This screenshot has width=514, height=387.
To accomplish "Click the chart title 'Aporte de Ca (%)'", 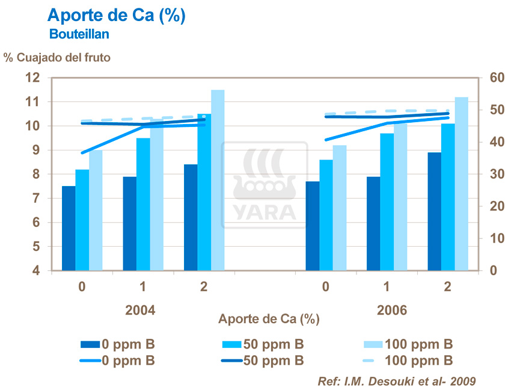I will click(x=116, y=16).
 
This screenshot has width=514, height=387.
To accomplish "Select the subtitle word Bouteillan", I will click(x=79, y=35).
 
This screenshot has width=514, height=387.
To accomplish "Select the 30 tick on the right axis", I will click(x=496, y=175).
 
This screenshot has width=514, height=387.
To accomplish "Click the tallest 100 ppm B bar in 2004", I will click(x=218, y=181).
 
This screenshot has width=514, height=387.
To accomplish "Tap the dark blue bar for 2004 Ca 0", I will click(x=69, y=229).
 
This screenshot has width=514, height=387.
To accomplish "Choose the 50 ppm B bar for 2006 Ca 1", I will click(x=387, y=202).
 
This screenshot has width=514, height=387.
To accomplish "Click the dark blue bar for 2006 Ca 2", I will click(x=435, y=211).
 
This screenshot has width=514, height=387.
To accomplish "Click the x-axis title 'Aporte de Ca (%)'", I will click(x=269, y=318).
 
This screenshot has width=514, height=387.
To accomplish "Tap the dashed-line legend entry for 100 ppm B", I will click(x=408, y=361).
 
